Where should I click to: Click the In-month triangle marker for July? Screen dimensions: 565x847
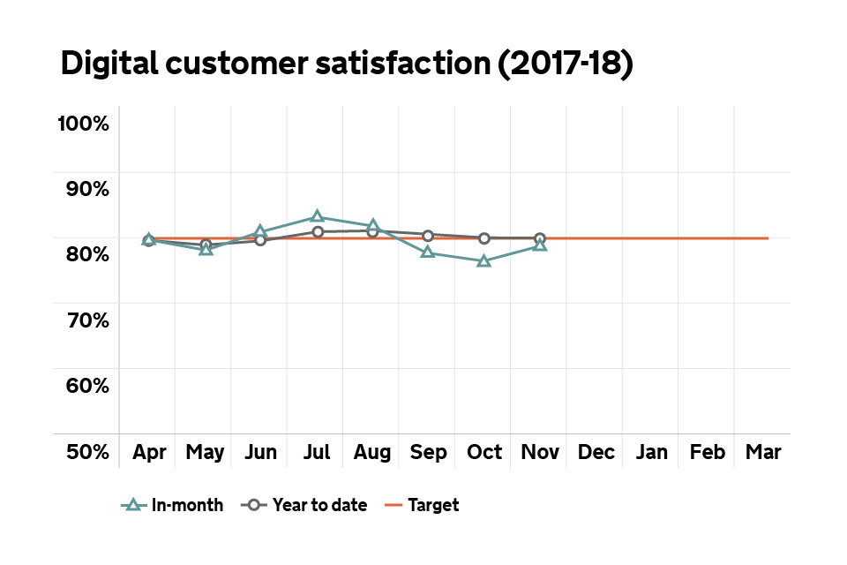[x=317, y=216]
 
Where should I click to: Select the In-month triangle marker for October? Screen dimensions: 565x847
[x=483, y=260]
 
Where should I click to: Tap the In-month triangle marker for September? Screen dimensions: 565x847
[x=428, y=252]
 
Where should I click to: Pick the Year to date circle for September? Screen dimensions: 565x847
[x=428, y=235]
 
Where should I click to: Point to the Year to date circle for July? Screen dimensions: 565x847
[x=317, y=231]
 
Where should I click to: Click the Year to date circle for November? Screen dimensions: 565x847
[x=539, y=238]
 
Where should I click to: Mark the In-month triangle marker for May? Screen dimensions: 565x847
[x=206, y=249]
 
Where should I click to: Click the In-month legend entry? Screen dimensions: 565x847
[x=172, y=505]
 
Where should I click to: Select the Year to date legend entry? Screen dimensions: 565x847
[x=304, y=505]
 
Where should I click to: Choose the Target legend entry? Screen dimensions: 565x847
[x=422, y=505]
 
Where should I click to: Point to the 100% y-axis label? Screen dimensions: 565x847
[x=83, y=123]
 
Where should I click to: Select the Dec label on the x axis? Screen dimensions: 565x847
[x=596, y=452]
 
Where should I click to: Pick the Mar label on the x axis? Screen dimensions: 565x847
[x=762, y=452]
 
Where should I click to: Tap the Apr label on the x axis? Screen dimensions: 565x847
[x=150, y=452]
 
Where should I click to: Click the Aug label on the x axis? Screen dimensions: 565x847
[x=372, y=452]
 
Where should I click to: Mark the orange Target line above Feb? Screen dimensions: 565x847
[x=707, y=238]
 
